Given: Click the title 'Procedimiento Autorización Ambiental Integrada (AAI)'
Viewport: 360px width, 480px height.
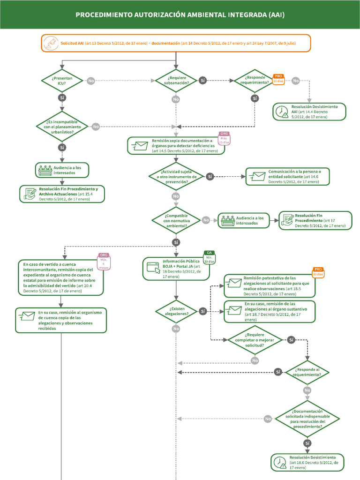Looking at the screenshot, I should tap(180, 15).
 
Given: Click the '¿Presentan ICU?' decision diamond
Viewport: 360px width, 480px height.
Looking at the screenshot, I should tap(62, 81).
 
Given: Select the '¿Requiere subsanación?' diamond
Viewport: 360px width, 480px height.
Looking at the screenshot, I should tap(176, 81).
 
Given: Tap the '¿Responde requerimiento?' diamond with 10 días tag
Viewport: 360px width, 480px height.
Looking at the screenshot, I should tap(255, 81).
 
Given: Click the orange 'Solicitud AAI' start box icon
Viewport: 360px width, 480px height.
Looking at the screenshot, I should tap(49, 43).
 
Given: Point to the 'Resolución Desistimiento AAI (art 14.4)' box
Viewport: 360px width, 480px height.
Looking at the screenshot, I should tap(310, 112).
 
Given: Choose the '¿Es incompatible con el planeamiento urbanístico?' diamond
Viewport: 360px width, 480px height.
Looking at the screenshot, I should tap(62, 127).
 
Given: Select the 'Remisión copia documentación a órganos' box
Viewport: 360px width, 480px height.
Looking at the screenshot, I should tap(176, 146).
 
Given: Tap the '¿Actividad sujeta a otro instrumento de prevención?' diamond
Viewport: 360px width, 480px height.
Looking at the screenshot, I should tap(176, 176).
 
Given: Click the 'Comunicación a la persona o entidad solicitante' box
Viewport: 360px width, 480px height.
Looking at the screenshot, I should tap(287, 176).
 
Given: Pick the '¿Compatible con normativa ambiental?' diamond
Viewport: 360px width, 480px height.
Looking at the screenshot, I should tap(176, 220).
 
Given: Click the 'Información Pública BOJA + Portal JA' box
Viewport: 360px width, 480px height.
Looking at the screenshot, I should tap(176, 269).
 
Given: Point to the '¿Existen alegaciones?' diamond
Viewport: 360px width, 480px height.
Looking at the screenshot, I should tap(176, 311).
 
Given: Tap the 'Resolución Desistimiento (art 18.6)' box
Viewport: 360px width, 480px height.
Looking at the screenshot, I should tap(307, 462).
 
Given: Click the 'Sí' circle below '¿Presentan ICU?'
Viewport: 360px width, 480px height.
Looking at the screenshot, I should tap(62, 97).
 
